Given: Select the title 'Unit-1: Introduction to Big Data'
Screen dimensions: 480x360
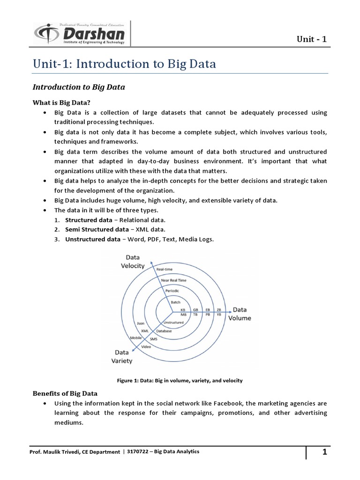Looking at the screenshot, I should (x=124, y=64).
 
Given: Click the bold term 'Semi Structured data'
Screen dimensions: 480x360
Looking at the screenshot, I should (x=97, y=229).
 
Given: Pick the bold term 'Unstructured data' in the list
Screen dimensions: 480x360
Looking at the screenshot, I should (x=93, y=239).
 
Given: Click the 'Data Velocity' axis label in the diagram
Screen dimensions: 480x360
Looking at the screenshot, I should (x=133, y=262).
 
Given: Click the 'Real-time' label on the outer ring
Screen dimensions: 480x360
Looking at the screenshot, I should (x=171, y=269).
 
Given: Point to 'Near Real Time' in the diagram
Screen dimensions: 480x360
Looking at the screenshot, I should (x=174, y=280).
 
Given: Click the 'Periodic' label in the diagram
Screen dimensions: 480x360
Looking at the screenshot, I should (x=172, y=291).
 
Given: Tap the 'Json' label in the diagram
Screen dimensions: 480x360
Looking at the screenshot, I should (x=140, y=323).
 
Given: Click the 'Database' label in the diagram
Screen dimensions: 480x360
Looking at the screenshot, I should (x=164, y=331).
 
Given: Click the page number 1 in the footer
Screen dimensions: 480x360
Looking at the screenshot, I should (x=323, y=452).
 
